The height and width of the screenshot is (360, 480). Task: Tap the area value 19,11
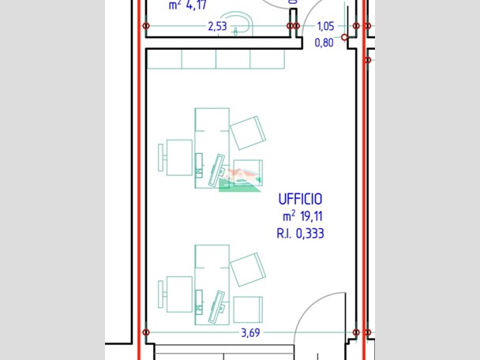312,216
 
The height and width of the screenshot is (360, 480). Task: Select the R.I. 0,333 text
300,233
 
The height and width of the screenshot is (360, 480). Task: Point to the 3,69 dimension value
250,332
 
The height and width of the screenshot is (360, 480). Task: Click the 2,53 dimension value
217,26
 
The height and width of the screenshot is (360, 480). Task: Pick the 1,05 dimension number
325,26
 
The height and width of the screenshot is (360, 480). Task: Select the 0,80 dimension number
324,43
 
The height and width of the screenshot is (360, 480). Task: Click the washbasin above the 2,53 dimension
234,20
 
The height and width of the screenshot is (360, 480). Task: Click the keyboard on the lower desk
215,306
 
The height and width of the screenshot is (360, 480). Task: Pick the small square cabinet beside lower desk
248,308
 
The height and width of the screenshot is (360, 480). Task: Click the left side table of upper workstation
178,155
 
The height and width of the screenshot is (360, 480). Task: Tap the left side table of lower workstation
178,292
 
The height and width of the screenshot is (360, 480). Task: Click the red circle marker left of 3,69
146,332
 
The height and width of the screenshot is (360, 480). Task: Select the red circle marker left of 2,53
146,26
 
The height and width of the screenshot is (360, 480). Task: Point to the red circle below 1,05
344,37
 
